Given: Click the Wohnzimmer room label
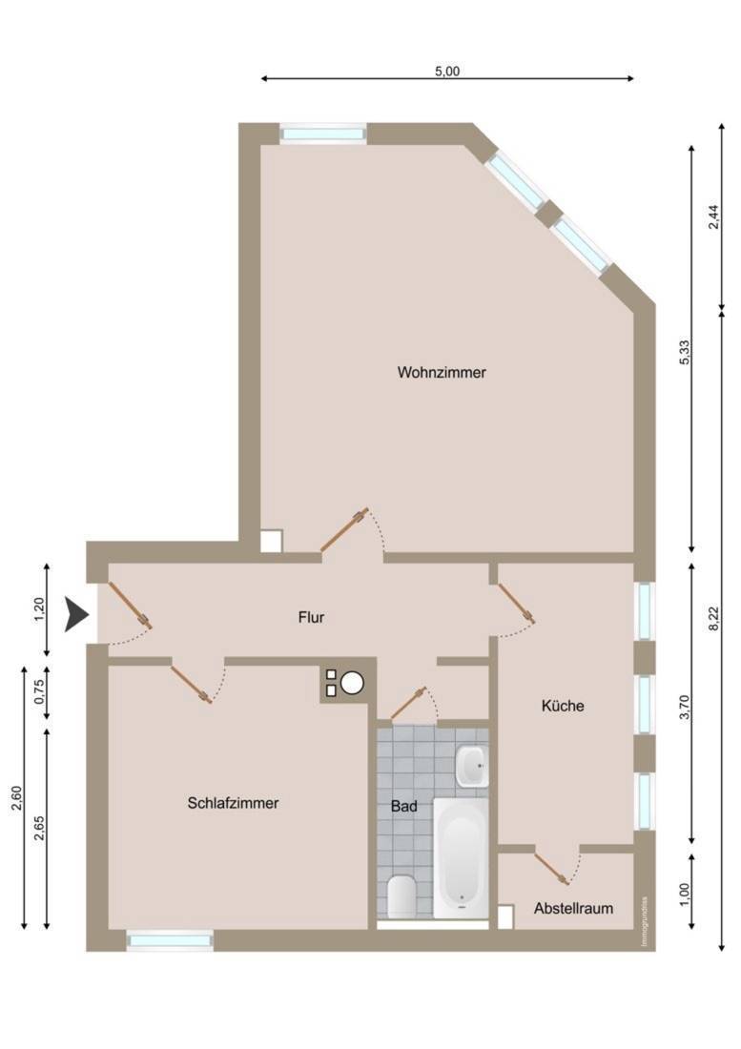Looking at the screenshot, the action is point(442,372).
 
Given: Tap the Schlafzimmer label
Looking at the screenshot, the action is point(233,803).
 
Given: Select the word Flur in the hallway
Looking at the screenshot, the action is point(311,617).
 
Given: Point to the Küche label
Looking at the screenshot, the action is point(563,705).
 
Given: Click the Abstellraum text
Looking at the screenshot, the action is point(573,908).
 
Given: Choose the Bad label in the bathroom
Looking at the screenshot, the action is point(404,806).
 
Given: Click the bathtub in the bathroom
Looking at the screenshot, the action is point(461,857).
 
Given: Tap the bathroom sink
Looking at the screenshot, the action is point(472,766).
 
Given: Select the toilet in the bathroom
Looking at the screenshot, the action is point(401,896).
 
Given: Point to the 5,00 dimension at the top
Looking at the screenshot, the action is point(447,71).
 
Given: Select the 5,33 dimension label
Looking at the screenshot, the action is point(684,352).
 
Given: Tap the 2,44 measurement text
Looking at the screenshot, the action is point(714,216).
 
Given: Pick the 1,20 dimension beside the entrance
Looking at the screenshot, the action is point(39,609).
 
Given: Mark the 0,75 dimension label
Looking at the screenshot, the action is point(39,691).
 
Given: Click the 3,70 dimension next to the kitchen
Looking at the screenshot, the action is point(684,708).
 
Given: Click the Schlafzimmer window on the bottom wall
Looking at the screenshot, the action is point(170,940).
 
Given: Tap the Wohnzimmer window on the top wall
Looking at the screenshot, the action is point(323,134).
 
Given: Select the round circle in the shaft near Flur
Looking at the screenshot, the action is point(352,683).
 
